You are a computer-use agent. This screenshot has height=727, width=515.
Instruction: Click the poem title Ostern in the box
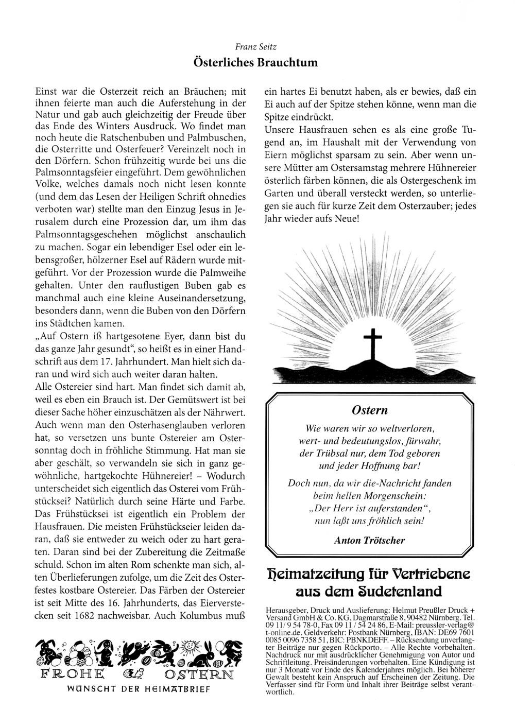click(x=370, y=410)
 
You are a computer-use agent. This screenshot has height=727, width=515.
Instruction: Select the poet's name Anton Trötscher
click(x=370, y=540)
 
